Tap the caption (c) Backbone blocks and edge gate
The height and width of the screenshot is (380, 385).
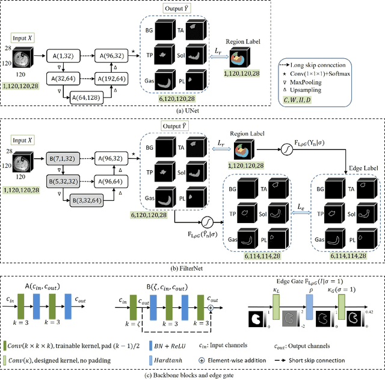tap(192, 375)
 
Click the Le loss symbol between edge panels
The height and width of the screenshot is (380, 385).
tap(300, 206)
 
